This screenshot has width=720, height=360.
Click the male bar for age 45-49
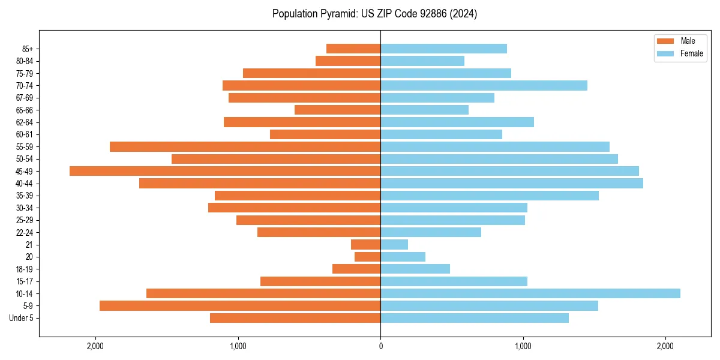(225, 171)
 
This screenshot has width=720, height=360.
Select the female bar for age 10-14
(530, 293)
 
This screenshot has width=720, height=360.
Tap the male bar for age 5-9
(240, 305)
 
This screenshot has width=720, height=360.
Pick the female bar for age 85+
(443, 49)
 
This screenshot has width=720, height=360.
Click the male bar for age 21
(366, 244)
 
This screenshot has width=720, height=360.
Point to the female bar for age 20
(403, 257)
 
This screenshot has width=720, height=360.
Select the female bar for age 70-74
(484, 85)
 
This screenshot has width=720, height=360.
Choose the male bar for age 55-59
(245, 146)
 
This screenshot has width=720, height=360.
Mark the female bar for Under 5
(475, 318)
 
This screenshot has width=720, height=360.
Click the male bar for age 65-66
(337, 110)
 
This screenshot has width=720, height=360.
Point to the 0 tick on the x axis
(380, 346)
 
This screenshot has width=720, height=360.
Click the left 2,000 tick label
(95, 346)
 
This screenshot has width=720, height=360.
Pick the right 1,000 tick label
(523, 346)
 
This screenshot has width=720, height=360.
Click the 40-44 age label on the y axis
(24, 184)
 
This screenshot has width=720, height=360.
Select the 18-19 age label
(24, 269)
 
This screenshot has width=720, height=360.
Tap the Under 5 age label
(21, 318)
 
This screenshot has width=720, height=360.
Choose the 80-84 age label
(24, 61)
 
